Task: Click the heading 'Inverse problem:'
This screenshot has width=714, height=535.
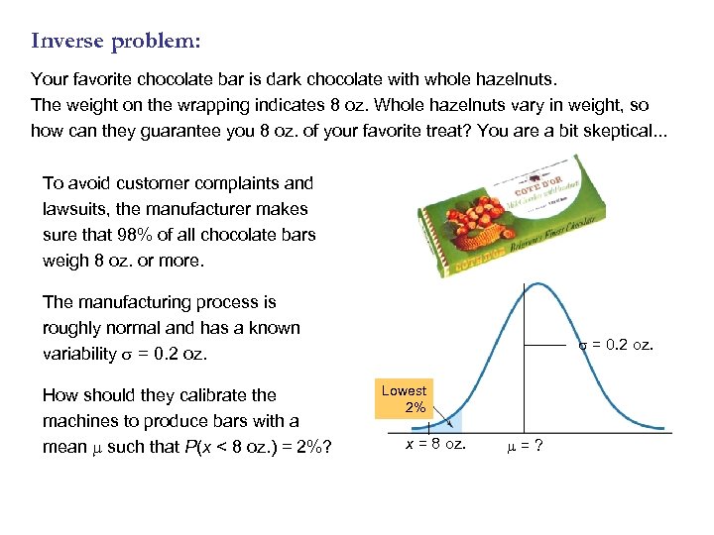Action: pos(115,41)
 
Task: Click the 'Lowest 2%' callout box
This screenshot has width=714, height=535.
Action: pos(404,399)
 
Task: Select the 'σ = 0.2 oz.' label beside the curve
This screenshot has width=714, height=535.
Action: pos(617,345)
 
